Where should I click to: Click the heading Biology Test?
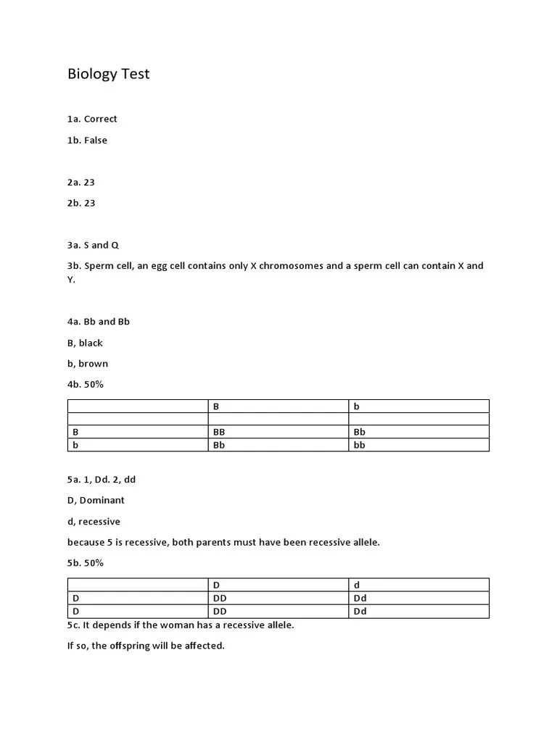tap(108, 74)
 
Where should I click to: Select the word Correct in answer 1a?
tap(100, 119)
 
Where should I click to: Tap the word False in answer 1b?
tap(95, 141)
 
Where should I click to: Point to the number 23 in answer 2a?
tap(89, 183)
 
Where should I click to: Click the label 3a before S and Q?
tap(75, 246)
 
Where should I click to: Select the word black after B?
tap(91, 343)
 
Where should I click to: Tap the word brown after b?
tap(93, 364)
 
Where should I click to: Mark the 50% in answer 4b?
tap(93, 385)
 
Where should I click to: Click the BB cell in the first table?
tap(219, 432)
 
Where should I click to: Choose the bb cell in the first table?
tap(359, 445)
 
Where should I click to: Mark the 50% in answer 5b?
tap(93, 563)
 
